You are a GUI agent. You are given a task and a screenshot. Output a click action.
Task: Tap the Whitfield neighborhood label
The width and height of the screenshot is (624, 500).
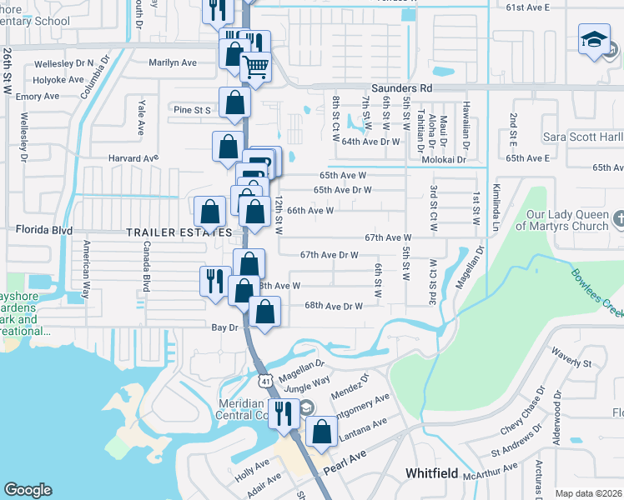[431, 473]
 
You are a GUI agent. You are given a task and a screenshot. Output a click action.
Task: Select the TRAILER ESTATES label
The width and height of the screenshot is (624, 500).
[168, 232]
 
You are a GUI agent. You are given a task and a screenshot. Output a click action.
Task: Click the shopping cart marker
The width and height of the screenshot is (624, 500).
[256, 67]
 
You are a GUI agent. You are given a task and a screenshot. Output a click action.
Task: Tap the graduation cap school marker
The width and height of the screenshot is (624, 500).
[594, 40]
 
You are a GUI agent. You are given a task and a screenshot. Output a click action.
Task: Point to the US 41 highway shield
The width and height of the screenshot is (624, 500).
[264, 381]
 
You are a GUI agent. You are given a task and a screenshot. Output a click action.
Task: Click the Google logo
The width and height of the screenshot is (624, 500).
[28, 490]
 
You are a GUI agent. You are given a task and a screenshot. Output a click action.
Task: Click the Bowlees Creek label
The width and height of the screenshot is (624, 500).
[596, 292]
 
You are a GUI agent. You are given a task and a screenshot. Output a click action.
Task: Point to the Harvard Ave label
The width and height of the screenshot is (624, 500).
[133, 157]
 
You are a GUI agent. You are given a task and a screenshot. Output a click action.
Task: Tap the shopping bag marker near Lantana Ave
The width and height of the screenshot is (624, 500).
[321, 432]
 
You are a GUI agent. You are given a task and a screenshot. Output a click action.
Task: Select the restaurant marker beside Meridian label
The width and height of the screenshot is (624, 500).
[284, 412]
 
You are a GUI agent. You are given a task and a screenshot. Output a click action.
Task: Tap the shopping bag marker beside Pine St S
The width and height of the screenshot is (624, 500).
[235, 103]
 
